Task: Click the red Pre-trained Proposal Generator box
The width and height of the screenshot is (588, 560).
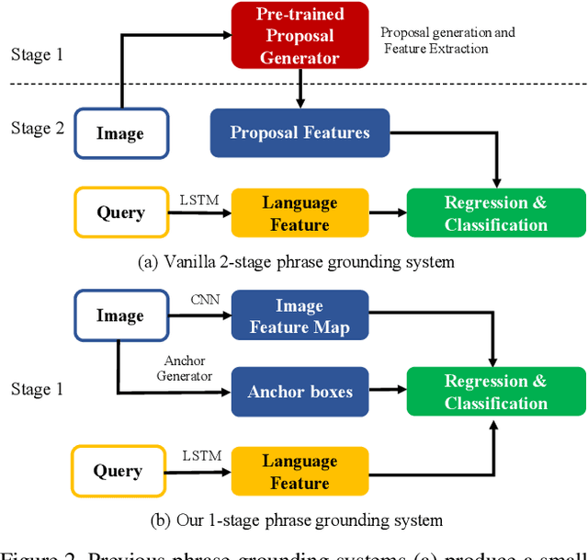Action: point(300,35)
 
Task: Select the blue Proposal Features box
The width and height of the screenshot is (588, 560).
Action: point(300,133)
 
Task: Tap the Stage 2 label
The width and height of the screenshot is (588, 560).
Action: point(38,128)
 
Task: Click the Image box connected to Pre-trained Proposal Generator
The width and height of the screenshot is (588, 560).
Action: point(119,134)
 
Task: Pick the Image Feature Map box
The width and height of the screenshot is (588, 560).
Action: point(300,315)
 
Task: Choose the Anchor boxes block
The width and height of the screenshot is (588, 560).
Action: point(300,392)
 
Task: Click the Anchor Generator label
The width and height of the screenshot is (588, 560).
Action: point(188,368)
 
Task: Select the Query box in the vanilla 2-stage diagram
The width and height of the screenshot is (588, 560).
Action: point(120,213)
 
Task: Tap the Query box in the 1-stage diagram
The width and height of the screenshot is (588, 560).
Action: point(117,472)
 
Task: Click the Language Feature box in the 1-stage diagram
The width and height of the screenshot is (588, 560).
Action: point(300,472)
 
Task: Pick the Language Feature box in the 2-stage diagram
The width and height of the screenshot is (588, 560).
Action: point(300,213)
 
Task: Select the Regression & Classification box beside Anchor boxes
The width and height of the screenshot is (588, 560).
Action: point(495,392)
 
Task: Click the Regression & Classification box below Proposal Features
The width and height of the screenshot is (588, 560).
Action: point(495,213)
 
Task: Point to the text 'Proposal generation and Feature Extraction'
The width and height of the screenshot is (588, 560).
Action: point(447,40)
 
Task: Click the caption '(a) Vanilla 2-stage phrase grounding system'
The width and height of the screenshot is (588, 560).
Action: point(296,262)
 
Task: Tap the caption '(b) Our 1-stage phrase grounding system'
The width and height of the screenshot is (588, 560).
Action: point(296,520)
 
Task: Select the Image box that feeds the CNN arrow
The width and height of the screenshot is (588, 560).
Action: point(119,315)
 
